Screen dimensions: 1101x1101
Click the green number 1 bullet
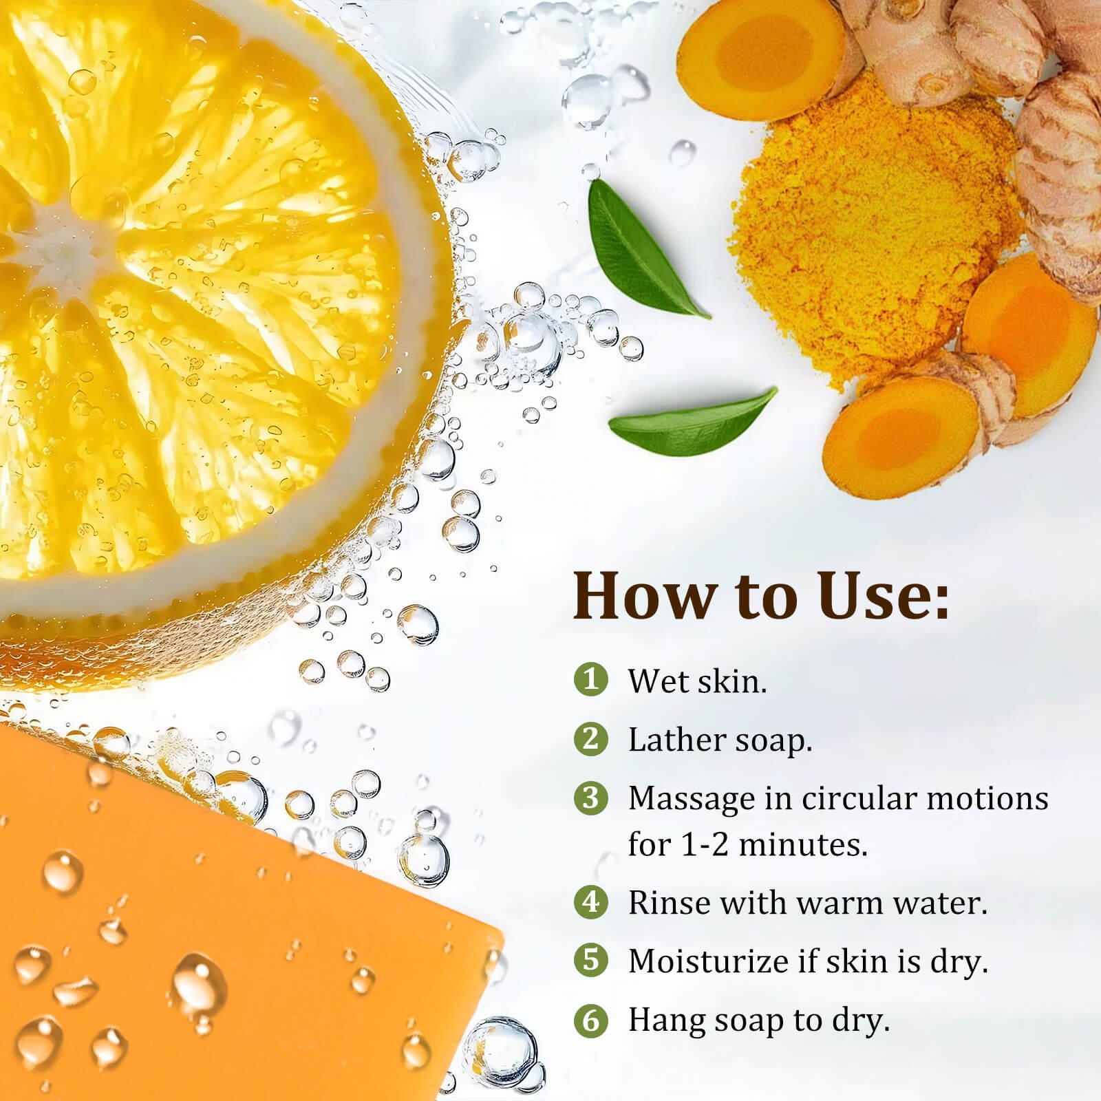pyautogui.click(x=590, y=680)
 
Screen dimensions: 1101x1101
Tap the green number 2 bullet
pyautogui.click(x=590, y=739)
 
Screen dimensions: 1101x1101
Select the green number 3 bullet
pyautogui.click(x=590, y=798)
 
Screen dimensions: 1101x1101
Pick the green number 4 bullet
pyautogui.click(x=590, y=901)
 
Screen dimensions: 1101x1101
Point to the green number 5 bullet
pyautogui.click(x=590, y=960)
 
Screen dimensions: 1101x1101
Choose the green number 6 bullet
pyautogui.click(x=590, y=1019)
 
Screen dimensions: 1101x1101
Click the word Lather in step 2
pyautogui.click(x=676, y=740)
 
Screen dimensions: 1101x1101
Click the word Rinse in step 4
pyautogui.click(x=669, y=902)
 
